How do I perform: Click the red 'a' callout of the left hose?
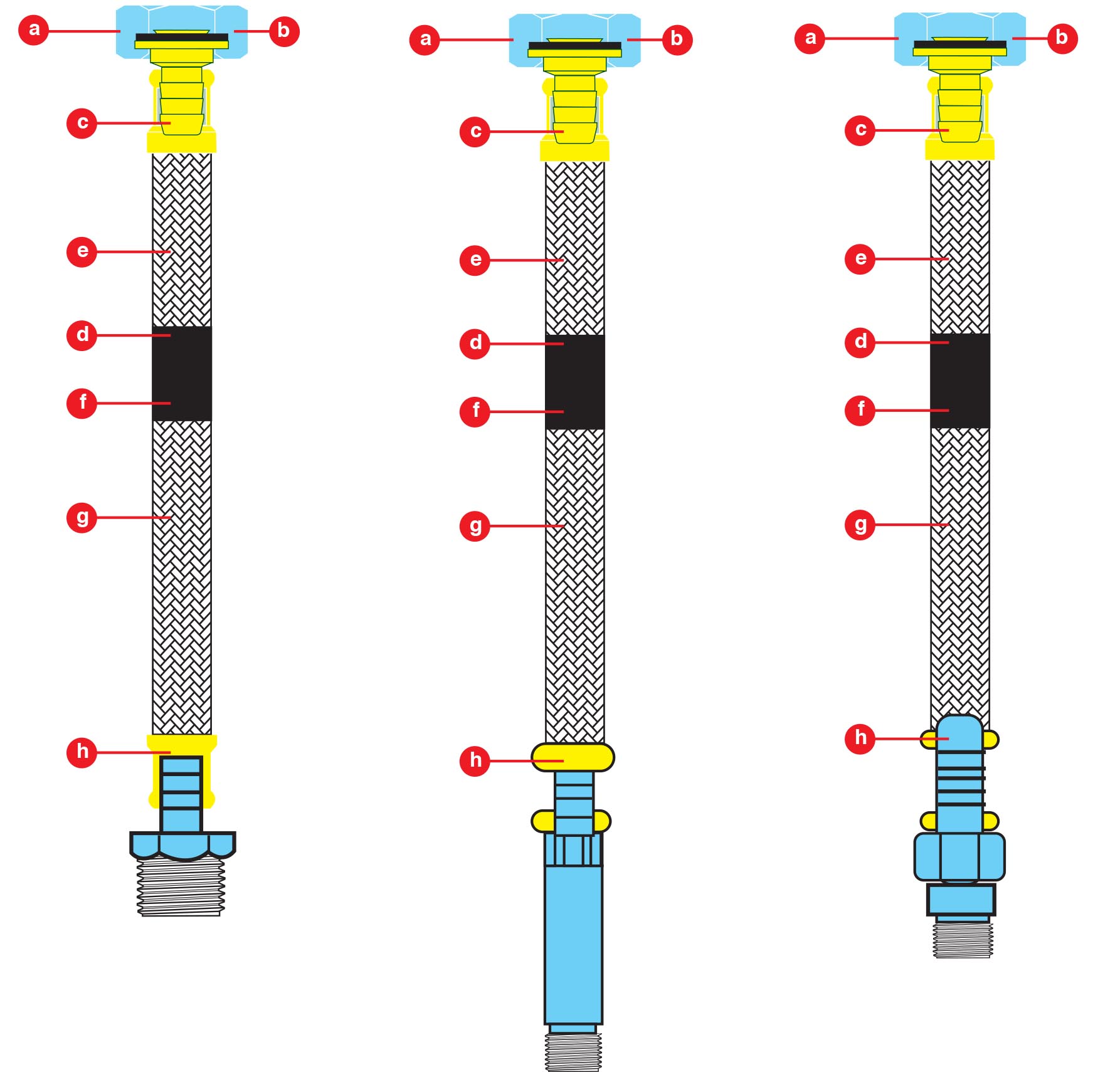tap(34, 29)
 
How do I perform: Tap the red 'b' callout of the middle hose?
tap(677, 39)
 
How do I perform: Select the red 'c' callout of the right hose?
tap(860, 130)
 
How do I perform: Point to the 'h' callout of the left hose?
tap(82, 751)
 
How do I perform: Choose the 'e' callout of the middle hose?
tap(475, 260)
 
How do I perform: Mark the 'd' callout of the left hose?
tap(82, 335)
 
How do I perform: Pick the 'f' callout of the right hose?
tap(860, 410)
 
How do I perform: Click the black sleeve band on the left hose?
tap(182, 374)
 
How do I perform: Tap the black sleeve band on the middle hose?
tap(574, 382)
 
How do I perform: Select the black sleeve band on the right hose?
tap(959, 381)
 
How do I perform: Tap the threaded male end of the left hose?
tap(181, 887)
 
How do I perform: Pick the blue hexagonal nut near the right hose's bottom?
tap(959, 856)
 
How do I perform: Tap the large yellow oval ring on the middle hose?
tap(573, 757)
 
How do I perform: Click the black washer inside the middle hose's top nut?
tap(574, 46)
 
